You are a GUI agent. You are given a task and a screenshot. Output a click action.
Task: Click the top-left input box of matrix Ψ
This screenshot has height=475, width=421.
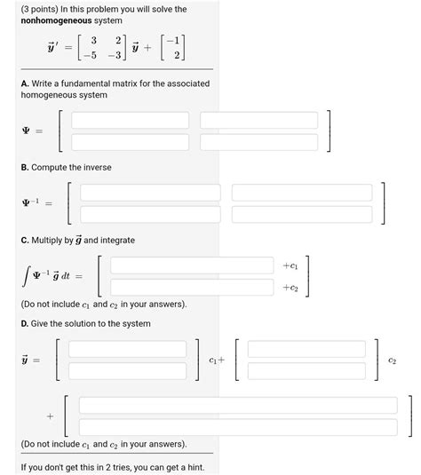tap(130, 120)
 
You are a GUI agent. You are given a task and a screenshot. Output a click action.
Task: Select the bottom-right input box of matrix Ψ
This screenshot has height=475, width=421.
tap(259, 141)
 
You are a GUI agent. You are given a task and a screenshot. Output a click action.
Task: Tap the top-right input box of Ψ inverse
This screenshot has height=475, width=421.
tap(301, 193)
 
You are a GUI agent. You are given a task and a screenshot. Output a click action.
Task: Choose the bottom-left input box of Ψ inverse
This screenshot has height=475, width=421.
tap(150, 214)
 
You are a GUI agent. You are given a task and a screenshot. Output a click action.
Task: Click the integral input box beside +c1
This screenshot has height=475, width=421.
tap(192, 265)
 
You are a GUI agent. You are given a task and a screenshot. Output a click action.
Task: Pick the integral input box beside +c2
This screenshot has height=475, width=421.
tap(192, 287)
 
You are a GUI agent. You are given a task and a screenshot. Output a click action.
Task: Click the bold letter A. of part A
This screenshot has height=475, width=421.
tap(26, 83)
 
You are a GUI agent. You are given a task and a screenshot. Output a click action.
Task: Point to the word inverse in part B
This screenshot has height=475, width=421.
tap(93, 167)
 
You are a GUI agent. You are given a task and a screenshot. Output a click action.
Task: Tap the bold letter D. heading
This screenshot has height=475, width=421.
tap(26, 323)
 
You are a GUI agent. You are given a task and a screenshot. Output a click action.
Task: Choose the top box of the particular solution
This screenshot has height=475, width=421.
tap(238, 405)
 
